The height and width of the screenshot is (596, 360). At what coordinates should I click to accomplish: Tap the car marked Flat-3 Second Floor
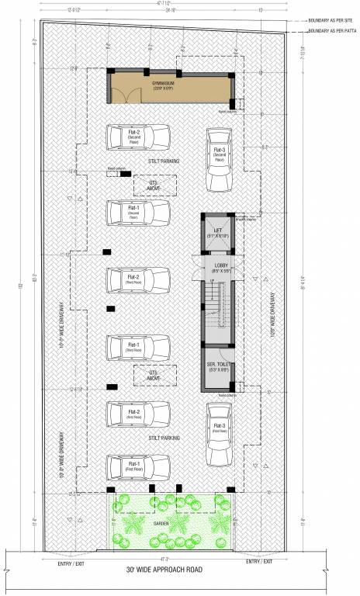220,157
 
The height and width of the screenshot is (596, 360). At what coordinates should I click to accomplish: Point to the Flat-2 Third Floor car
137,279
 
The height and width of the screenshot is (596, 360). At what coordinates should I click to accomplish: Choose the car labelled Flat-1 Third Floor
137,347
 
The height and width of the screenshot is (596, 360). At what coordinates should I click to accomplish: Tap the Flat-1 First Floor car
137,466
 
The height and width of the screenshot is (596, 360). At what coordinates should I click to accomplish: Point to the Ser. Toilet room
218,369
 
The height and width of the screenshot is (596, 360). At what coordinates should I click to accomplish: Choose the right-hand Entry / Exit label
260,559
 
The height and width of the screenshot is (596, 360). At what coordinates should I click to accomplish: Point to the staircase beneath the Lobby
218,307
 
